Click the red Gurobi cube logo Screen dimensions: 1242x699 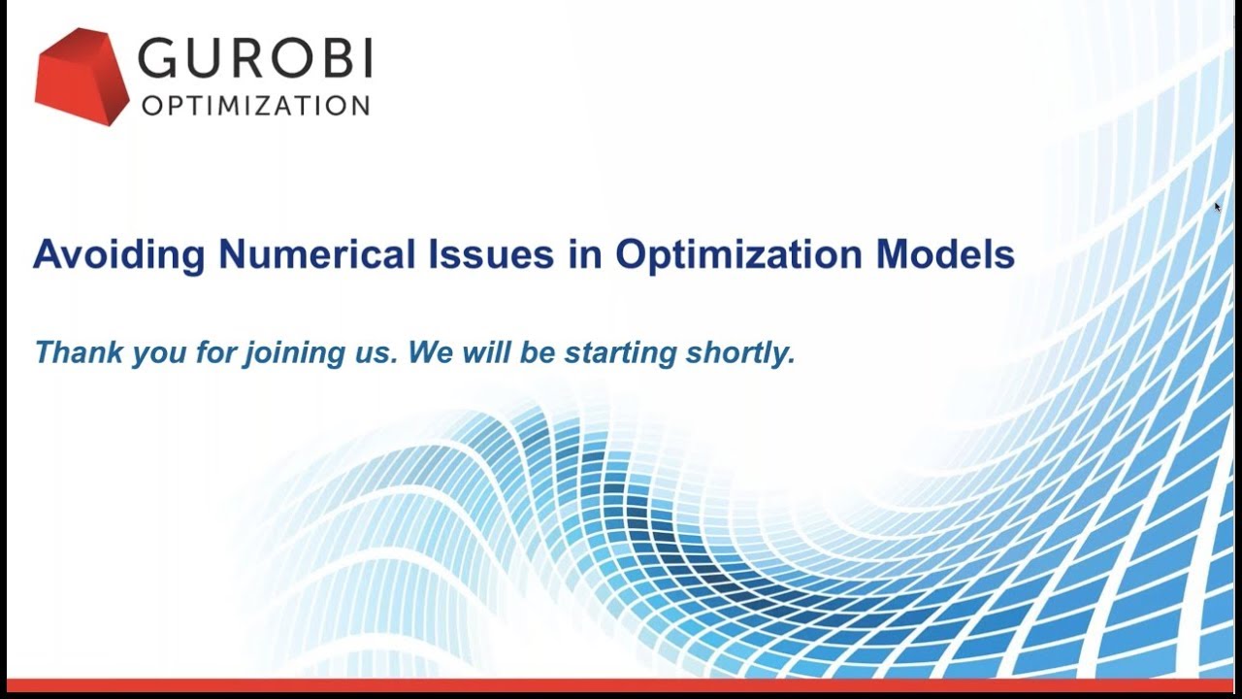(x=82, y=77)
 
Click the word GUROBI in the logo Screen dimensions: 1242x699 (x=255, y=57)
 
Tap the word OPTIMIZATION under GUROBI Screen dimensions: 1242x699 (x=255, y=106)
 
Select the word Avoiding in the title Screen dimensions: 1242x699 (x=119, y=254)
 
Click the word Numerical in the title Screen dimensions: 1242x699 (x=317, y=253)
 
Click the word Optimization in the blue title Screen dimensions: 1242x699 (x=738, y=254)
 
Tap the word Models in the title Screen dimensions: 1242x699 (x=945, y=253)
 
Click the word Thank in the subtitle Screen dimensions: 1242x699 (x=79, y=351)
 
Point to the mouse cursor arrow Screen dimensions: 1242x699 (x=1218, y=208)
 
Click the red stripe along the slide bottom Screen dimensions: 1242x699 (x=621, y=685)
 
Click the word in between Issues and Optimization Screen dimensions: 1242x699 (x=585, y=253)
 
